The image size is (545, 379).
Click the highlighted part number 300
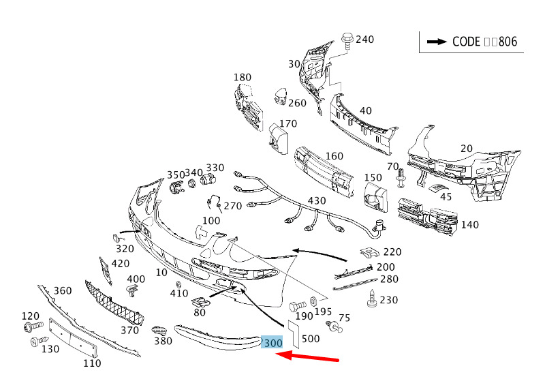click(x=273, y=343)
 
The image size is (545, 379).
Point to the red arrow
click(x=307, y=357)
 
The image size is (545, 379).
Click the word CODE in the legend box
click(x=466, y=42)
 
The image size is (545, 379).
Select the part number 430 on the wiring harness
click(x=317, y=200)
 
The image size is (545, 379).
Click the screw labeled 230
click(x=372, y=299)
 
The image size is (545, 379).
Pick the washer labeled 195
click(x=313, y=300)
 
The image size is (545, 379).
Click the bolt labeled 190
click(x=298, y=306)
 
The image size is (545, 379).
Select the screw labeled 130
click(x=39, y=341)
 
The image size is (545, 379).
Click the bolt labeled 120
click(x=33, y=326)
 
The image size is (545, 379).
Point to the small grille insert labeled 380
click(x=160, y=330)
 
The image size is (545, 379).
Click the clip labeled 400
click(x=131, y=290)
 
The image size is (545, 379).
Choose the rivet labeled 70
click(x=401, y=179)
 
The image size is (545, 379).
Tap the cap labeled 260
click(x=280, y=96)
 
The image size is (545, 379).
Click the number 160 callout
click(x=334, y=156)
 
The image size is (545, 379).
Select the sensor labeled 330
click(x=208, y=179)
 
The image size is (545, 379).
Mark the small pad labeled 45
click(x=436, y=188)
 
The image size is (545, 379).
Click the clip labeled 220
click(x=369, y=253)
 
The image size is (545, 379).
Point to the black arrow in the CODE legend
click(x=437, y=42)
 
